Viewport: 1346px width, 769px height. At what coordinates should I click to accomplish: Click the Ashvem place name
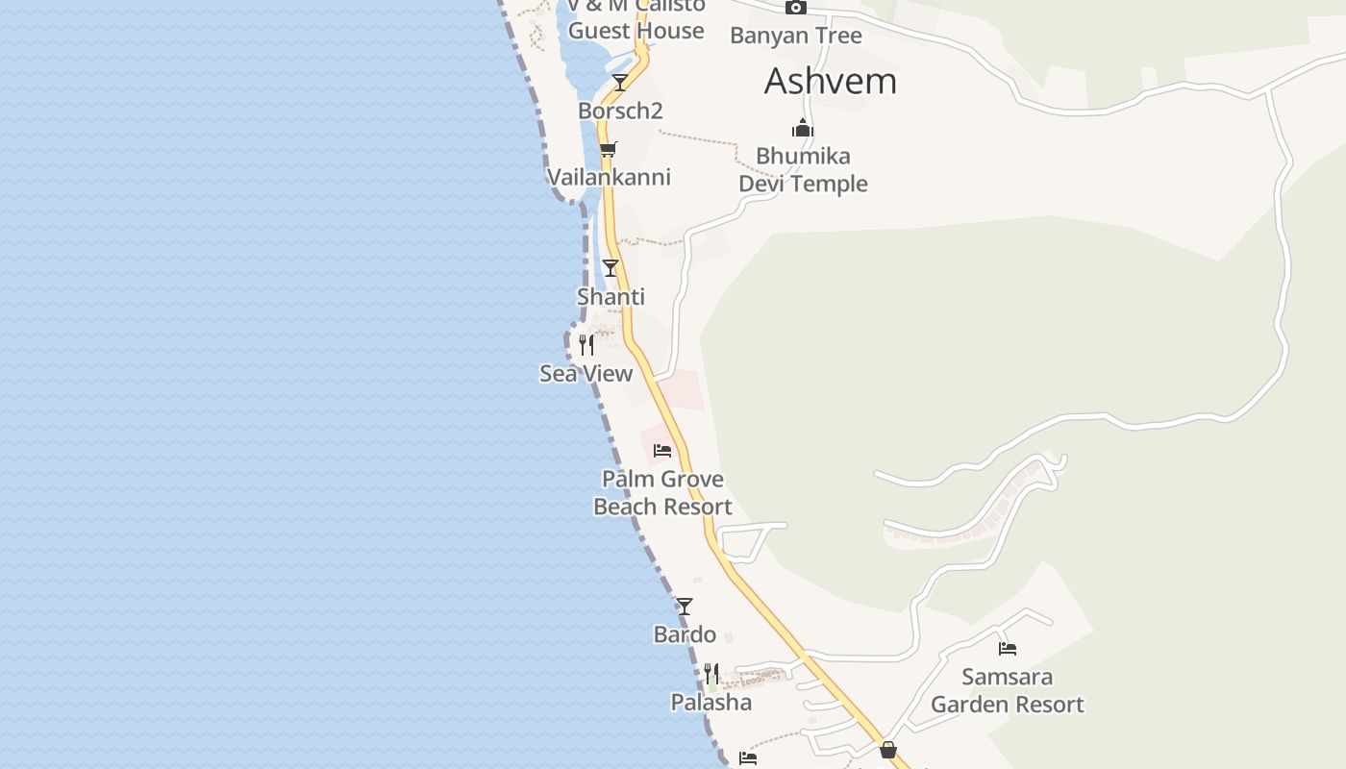[x=831, y=82]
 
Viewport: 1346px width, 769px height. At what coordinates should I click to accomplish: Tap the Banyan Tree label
[x=796, y=37]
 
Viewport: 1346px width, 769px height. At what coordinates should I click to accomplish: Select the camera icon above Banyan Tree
[x=796, y=8]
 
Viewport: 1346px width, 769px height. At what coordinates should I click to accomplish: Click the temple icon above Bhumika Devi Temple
[x=803, y=128]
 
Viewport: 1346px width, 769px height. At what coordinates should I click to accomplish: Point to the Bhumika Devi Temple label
[x=803, y=170]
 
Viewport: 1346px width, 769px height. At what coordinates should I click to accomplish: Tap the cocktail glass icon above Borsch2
[x=620, y=83]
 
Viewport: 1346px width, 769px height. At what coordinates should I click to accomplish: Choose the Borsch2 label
[x=620, y=112]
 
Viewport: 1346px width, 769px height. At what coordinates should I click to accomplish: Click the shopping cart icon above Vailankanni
[x=608, y=149]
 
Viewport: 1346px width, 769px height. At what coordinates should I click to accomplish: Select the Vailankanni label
[x=609, y=178]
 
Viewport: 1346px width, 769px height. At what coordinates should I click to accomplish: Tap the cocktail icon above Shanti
[x=611, y=268]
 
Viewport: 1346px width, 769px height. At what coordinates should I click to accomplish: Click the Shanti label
[x=611, y=297]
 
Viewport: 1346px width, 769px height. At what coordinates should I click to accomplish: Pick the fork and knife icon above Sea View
[x=586, y=345]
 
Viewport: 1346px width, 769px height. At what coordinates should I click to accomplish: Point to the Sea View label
[x=586, y=374]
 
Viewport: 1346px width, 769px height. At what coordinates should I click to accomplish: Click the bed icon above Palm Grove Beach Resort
[x=662, y=450]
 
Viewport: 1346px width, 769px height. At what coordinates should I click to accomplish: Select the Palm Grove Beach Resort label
[x=662, y=493]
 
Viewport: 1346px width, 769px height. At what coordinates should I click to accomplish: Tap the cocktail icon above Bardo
[x=685, y=607]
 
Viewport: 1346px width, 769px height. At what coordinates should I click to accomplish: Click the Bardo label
[x=685, y=635]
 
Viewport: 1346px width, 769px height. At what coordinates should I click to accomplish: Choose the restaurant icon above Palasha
[x=711, y=674]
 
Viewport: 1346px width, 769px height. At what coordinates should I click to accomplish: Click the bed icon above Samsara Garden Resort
[x=1008, y=649]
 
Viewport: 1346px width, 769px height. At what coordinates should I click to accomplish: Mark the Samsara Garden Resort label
[x=1008, y=691]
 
